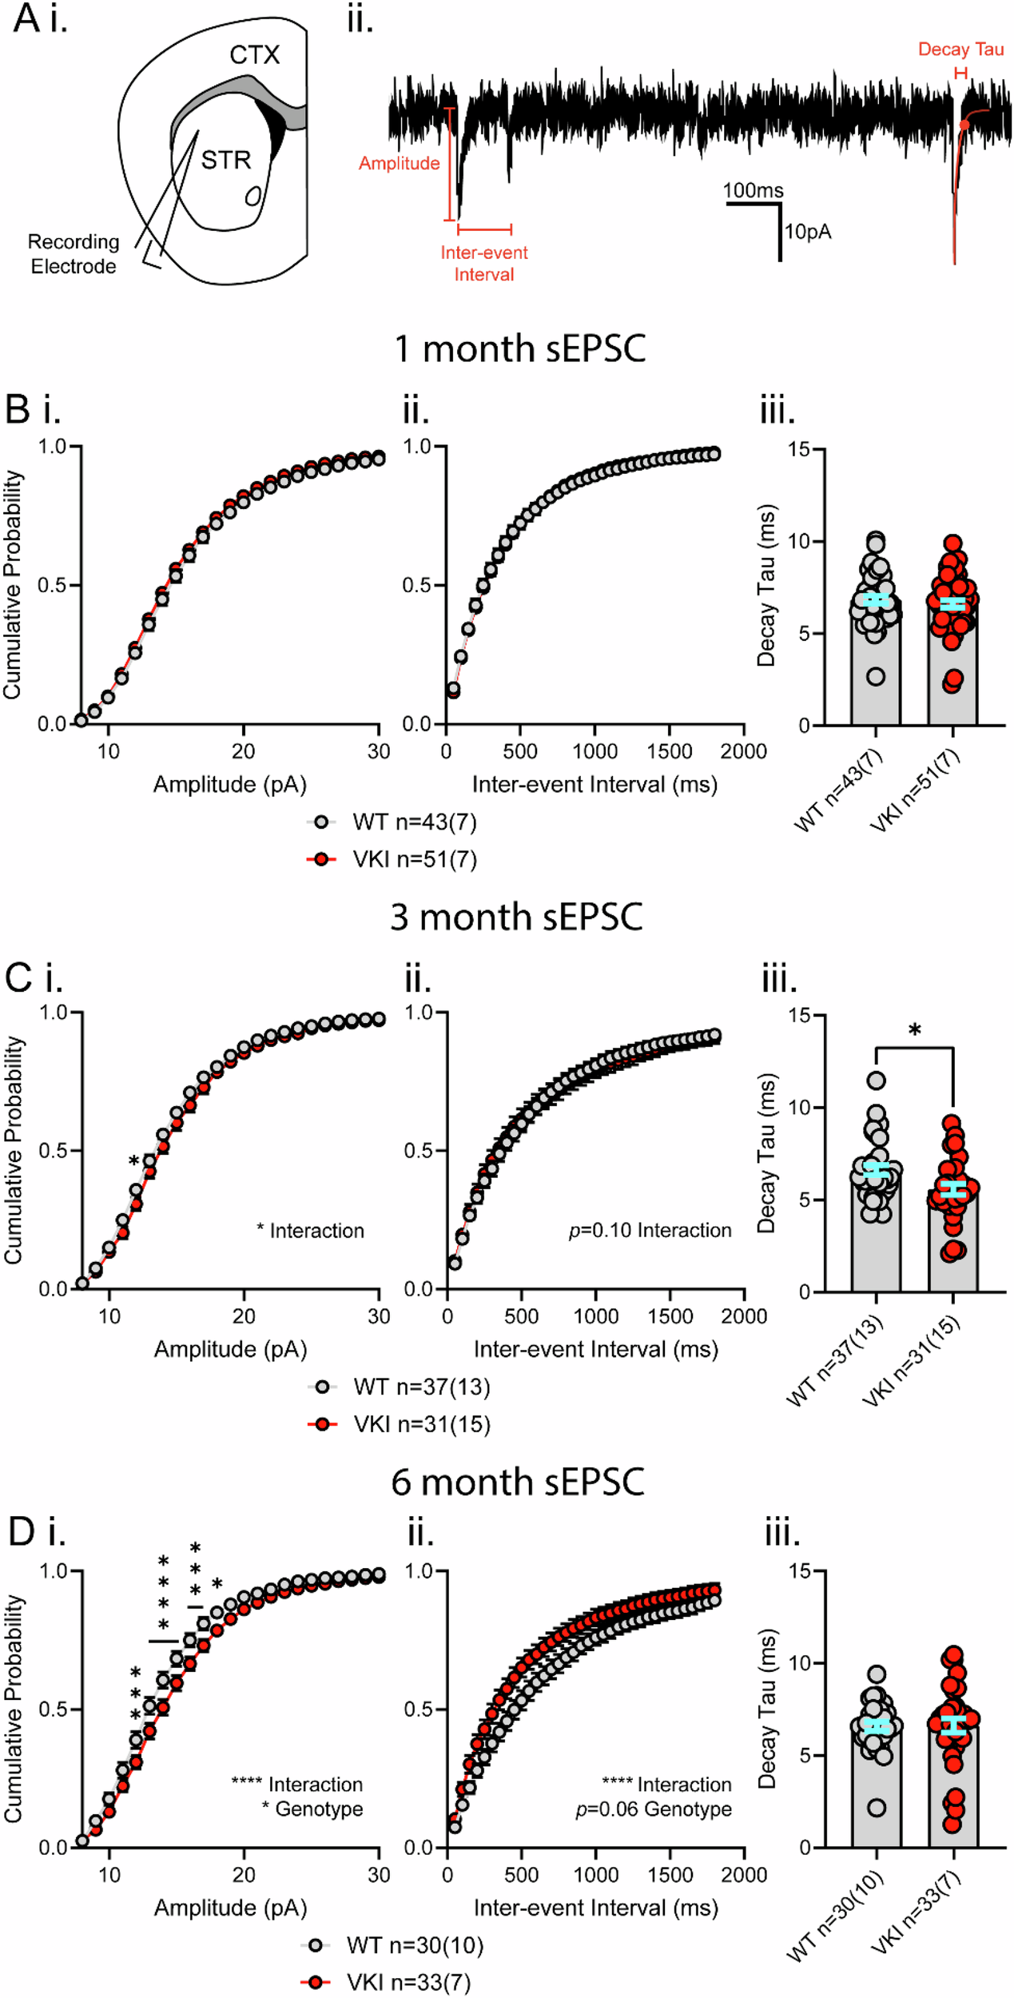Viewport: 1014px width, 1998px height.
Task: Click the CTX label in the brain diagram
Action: point(254,54)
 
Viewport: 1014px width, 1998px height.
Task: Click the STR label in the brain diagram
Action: point(225,160)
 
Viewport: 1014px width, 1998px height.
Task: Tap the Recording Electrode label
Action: point(74,254)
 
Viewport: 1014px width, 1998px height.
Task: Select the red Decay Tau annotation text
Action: point(960,50)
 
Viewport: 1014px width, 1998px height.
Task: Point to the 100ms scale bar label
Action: point(753,190)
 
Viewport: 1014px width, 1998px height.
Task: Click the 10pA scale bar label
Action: point(808,232)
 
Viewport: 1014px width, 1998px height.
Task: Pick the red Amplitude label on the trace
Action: point(399,163)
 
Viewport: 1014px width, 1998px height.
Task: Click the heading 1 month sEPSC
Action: point(520,349)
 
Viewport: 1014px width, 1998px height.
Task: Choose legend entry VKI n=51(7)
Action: point(414,859)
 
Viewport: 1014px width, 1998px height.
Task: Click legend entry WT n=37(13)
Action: point(421,1386)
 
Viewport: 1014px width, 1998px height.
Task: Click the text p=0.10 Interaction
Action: point(650,1230)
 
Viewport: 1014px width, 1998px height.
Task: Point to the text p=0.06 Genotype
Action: point(653,1809)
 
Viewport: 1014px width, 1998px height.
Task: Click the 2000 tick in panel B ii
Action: point(743,751)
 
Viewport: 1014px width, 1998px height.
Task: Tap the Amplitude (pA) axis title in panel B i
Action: point(230,784)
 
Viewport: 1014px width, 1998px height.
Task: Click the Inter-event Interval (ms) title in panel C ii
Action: point(595,1349)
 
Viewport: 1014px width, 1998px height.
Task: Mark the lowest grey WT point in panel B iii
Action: point(876,677)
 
